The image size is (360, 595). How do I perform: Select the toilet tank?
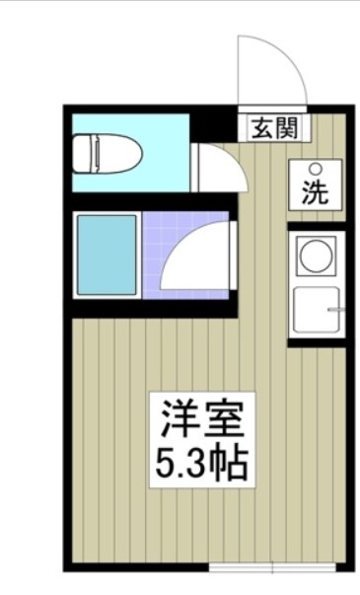click(83, 155)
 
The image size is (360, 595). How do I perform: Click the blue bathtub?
click(107, 254)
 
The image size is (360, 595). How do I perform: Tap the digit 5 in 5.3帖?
click(166, 460)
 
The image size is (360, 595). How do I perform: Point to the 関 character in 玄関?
click(286, 126)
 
